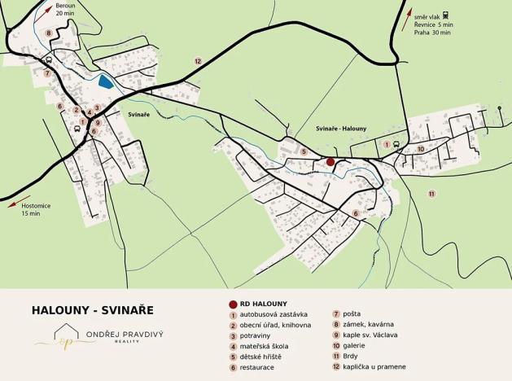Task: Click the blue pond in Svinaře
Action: (104, 80)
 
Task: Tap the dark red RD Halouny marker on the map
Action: (330, 162)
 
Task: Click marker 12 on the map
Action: (197, 61)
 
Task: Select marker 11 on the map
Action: (431, 193)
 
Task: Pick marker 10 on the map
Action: (420, 149)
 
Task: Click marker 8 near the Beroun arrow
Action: (49, 33)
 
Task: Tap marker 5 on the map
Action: (303, 151)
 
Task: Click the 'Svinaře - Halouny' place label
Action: (341, 129)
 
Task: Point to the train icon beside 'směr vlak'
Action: (447, 15)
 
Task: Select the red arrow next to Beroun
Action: (46, 11)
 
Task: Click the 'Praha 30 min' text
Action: (431, 33)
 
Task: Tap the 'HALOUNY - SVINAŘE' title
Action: (92, 310)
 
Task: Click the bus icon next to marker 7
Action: (49, 59)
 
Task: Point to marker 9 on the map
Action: (97, 123)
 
